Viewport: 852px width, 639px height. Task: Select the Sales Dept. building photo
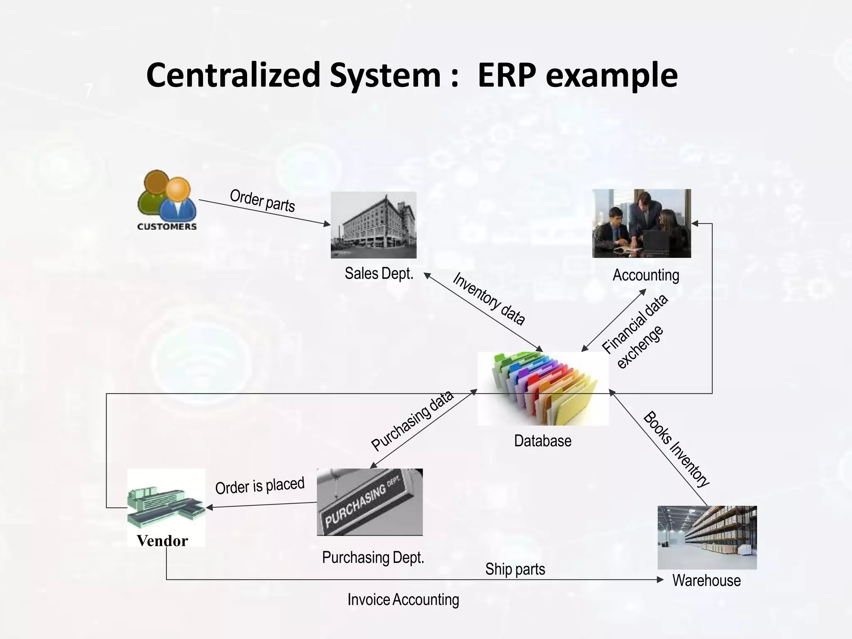pos(374,225)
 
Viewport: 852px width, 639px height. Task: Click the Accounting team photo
pos(641,223)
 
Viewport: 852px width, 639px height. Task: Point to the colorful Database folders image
pos(543,388)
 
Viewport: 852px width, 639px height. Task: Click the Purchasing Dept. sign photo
pos(369,502)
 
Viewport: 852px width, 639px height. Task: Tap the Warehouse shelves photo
pos(707,537)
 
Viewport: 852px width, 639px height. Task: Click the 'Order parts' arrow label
pos(263,201)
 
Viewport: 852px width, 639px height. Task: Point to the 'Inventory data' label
pos(489,298)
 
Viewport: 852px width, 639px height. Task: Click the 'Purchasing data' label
pos(412,421)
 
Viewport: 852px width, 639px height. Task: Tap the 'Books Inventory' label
pos(676,449)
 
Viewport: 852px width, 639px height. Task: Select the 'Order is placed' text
pos(260,485)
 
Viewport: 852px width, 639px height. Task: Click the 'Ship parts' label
pos(515,569)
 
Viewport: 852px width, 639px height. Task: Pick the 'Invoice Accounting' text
pos(403,599)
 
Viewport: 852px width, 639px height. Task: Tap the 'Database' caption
pos(542,441)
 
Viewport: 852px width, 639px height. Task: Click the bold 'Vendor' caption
pos(162,541)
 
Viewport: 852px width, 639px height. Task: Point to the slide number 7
pos(88,91)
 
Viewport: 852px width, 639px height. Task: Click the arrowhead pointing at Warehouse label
pos(660,580)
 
